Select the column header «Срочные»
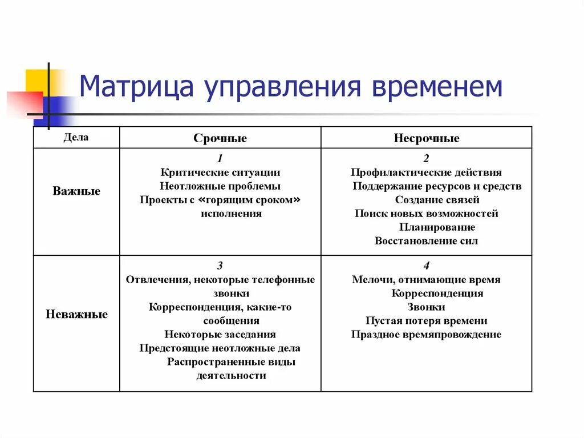[220, 138]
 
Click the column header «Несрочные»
[426, 138]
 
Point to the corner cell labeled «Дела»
[76, 138]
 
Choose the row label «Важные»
[76, 191]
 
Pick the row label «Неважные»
[76, 315]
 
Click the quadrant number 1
[220, 159]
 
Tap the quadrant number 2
[426, 159]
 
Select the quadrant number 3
[220, 266]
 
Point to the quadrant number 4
[426, 266]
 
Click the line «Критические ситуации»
[220, 172]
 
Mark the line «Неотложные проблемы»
[220, 186]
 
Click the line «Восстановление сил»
[426, 241]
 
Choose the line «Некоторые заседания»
[220, 335]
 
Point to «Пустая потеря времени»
[426, 321]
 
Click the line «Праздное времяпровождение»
[426, 335]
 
